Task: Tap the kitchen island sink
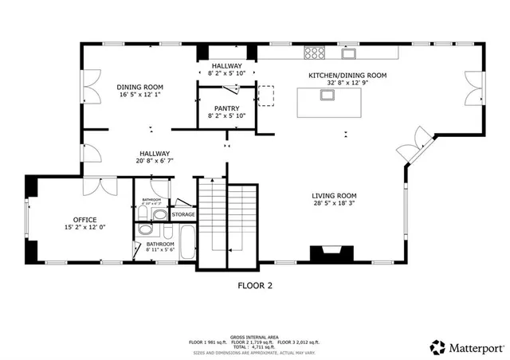[328, 95]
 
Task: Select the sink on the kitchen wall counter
[349, 53]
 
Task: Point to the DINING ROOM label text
[140, 87]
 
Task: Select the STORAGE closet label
[183, 215]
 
